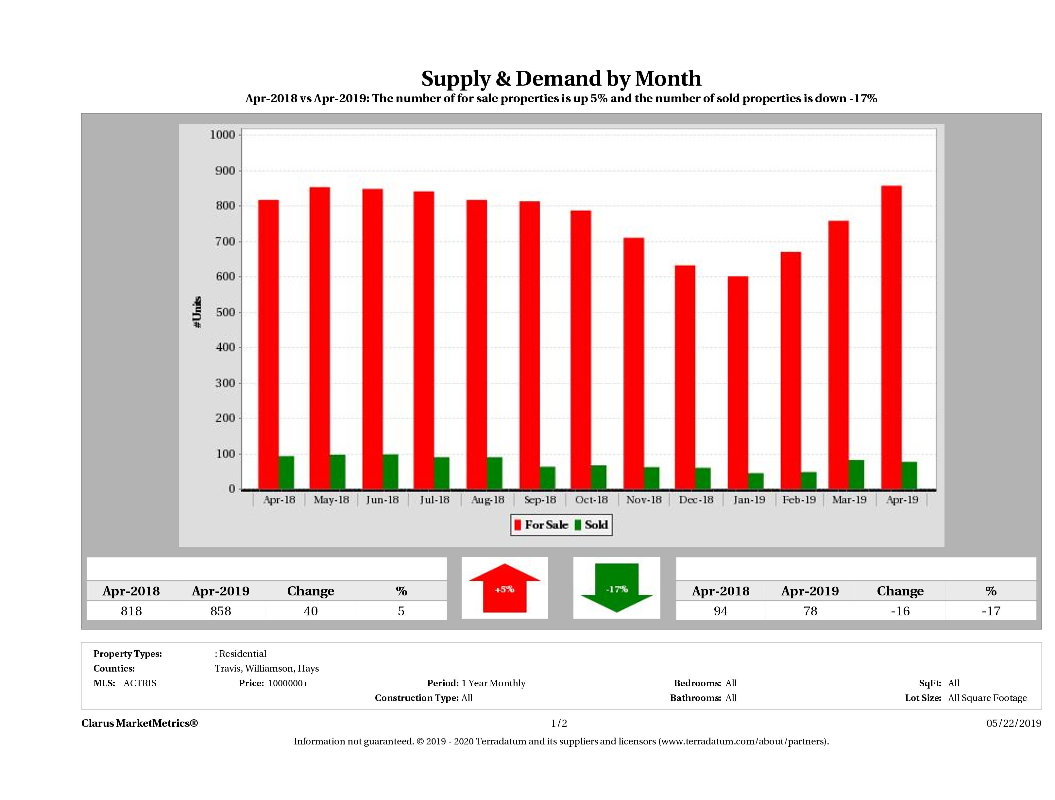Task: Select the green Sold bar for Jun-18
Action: tap(390, 472)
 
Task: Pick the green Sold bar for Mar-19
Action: tap(856, 475)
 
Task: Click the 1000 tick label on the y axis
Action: tap(222, 135)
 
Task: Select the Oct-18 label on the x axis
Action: tap(591, 500)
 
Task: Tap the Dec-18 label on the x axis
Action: tap(696, 500)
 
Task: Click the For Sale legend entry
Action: tap(541, 525)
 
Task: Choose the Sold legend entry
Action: tap(591, 525)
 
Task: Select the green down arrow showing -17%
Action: tap(617, 588)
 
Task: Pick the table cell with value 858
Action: tap(220, 611)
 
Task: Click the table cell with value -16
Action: tap(900, 611)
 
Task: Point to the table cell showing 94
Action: tap(720, 611)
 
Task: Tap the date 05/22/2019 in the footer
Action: tap(1013, 723)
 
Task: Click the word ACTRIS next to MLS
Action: tap(140, 683)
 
